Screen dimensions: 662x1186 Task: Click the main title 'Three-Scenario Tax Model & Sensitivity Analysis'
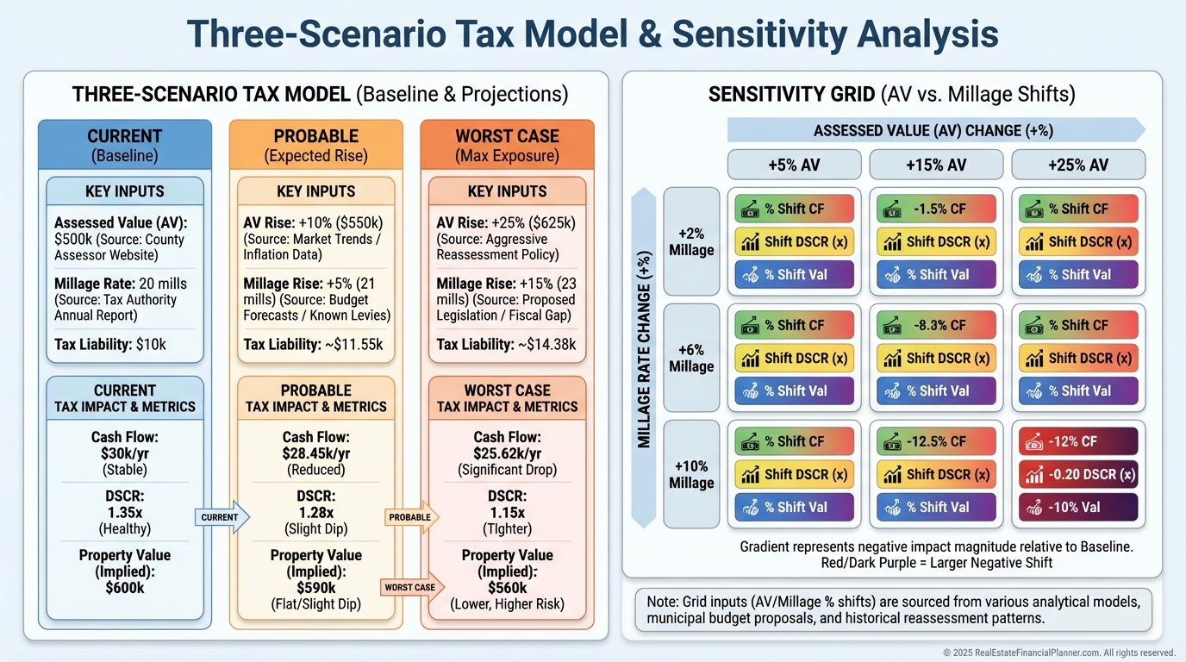coord(593,34)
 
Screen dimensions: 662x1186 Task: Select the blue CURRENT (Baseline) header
coord(125,146)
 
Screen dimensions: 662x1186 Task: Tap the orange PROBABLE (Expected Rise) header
coord(315,146)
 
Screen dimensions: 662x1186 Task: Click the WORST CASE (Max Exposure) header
coord(507,146)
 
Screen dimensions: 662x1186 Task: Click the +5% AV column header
coord(794,165)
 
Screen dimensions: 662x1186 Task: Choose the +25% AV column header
coord(1077,165)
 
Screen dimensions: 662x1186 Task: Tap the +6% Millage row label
coord(691,358)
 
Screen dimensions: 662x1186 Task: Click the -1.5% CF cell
coord(935,209)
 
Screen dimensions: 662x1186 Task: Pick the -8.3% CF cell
coord(935,325)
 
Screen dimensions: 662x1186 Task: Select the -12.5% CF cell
coord(935,441)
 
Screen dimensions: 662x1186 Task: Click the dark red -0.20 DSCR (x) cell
coord(1077,474)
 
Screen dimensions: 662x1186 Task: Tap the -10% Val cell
coord(1077,507)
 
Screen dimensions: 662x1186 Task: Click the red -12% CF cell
coord(1077,441)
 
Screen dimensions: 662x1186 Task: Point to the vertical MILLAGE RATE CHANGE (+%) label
coord(644,358)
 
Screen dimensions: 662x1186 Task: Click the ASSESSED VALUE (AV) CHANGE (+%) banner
coord(933,130)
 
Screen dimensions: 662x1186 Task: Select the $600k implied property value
coord(124,588)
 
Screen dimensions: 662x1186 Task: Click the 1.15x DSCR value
coord(507,512)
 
